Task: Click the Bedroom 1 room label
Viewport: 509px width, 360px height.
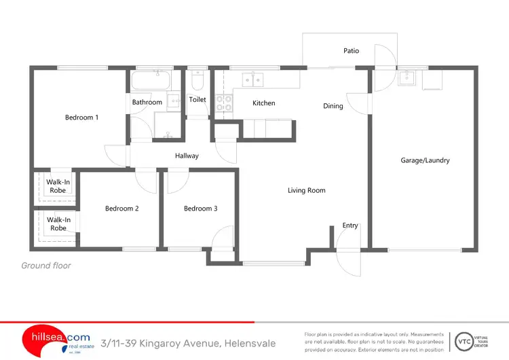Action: click(x=81, y=118)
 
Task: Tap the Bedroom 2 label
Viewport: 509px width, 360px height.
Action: click(x=121, y=209)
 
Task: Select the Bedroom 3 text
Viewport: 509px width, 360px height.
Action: click(x=200, y=209)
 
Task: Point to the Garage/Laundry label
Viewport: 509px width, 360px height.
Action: click(x=426, y=160)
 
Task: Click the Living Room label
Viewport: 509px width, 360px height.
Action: click(x=307, y=191)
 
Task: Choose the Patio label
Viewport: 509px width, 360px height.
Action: click(x=351, y=51)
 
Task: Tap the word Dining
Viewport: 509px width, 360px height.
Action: click(x=333, y=106)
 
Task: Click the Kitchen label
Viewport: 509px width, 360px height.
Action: click(x=263, y=103)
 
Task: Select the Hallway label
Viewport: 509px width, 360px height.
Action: click(x=187, y=156)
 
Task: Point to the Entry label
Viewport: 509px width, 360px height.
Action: click(x=350, y=226)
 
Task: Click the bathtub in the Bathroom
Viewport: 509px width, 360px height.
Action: click(x=150, y=82)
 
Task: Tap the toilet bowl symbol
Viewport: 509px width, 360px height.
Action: click(x=197, y=82)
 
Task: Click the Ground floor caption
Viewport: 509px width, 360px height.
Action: click(x=46, y=266)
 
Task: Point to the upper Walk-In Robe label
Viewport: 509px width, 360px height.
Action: click(x=58, y=186)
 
